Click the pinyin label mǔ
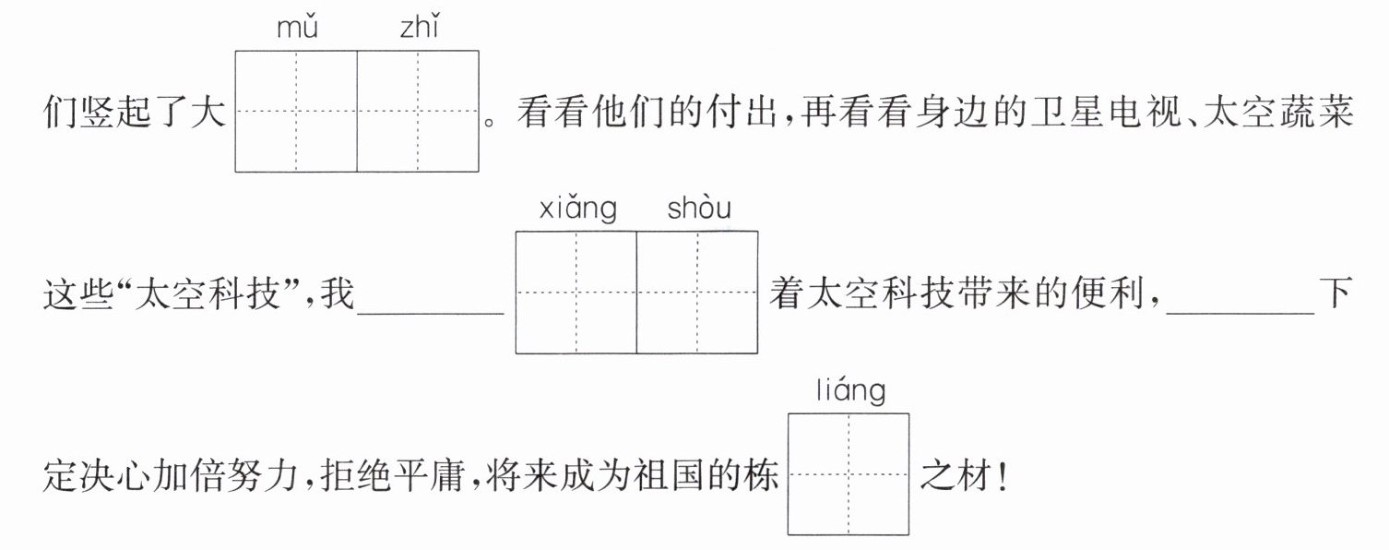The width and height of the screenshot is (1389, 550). point(297,29)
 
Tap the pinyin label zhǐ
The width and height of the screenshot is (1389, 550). point(420,29)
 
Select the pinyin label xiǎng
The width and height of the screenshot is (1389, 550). point(578,209)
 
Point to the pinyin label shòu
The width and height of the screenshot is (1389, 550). point(699,208)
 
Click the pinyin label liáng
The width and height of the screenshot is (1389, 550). point(850,391)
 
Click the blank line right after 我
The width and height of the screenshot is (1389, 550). point(431,314)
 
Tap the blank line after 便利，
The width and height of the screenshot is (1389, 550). point(1241,314)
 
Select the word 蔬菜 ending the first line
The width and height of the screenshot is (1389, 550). point(1316,113)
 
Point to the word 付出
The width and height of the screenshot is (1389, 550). point(740,113)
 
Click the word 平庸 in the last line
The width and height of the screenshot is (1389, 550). point(429,476)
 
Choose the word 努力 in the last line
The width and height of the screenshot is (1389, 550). point(264,476)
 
